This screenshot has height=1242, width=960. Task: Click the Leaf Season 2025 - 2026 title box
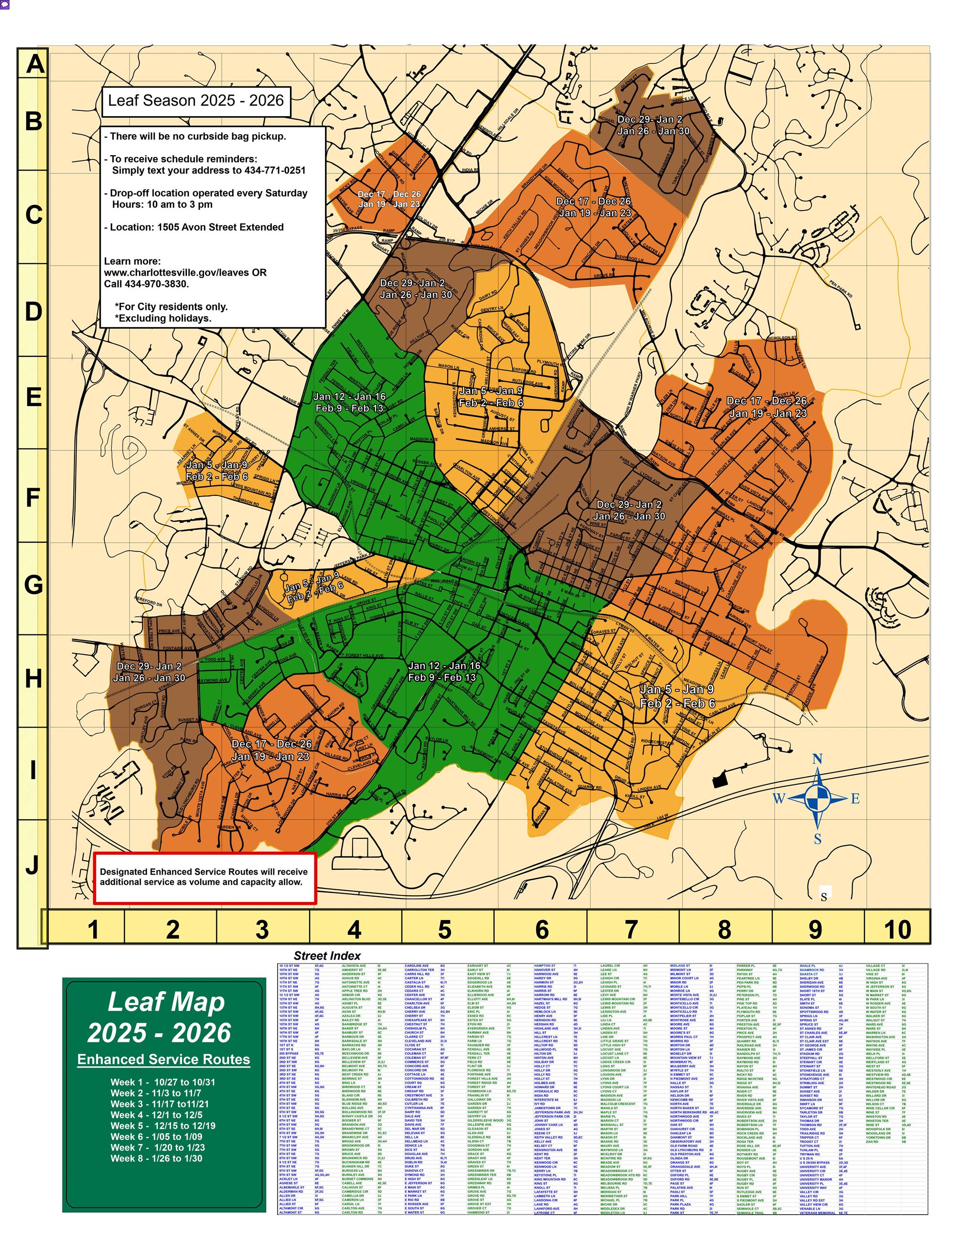pyautogui.click(x=195, y=101)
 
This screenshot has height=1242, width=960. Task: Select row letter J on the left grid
pyautogui.click(x=32, y=865)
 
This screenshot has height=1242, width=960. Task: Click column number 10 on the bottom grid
pyautogui.click(x=897, y=930)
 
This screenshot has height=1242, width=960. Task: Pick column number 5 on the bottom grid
pyautogui.click(x=444, y=930)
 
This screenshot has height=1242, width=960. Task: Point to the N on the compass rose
pyautogui.click(x=817, y=759)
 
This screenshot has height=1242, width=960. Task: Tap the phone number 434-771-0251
pyautogui.click(x=275, y=171)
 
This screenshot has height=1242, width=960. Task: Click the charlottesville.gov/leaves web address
pyautogui.click(x=185, y=272)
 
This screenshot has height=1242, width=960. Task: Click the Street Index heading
pyautogui.click(x=327, y=956)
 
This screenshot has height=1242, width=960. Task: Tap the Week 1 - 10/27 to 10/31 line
pyautogui.click(x=162, y=1082)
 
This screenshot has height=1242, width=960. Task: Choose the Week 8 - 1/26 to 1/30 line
pyautogui.click(x=156, y=1158)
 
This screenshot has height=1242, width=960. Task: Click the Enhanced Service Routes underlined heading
pyautogui.click(x=164, y=1060)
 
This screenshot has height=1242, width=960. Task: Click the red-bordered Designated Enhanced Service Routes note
pyautogui.click(x=204, y=877)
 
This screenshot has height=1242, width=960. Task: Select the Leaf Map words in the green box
pyautogui.click(x=166, y=1003)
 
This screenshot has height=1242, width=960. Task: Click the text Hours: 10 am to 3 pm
pyautogui.click(x=162, y=205)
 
